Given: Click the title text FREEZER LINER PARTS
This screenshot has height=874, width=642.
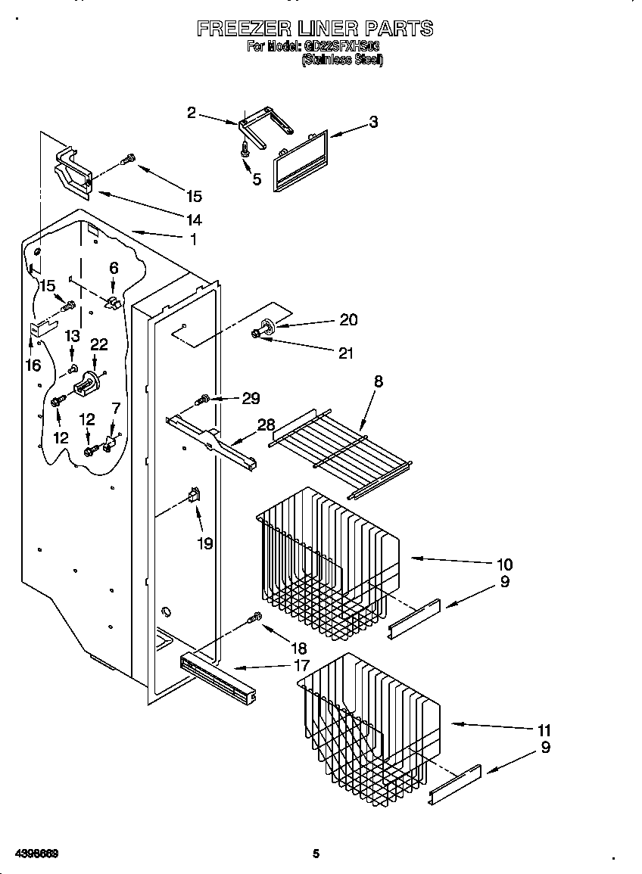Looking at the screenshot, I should click(x=315, y=29).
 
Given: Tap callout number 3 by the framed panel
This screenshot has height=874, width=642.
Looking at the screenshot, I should click(x=373, y=122).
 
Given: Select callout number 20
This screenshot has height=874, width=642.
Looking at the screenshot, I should click(x=348, y=320).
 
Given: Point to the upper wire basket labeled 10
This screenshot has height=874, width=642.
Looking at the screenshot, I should click(x=326, y=560).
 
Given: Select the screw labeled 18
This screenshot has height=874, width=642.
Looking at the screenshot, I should click(x=255, y=618).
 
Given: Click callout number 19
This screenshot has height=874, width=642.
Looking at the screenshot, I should click(x=205, y=543).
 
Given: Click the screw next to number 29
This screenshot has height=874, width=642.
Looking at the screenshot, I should click(x=203, y=399).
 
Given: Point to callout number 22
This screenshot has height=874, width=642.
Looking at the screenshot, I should click(x=99, y=344).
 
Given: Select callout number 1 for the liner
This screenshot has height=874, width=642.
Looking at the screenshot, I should click(x=194, y=239).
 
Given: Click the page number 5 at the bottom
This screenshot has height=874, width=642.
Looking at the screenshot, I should click(x=316, y=854).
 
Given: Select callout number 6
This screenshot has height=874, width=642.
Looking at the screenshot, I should click(x=114, y=268).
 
